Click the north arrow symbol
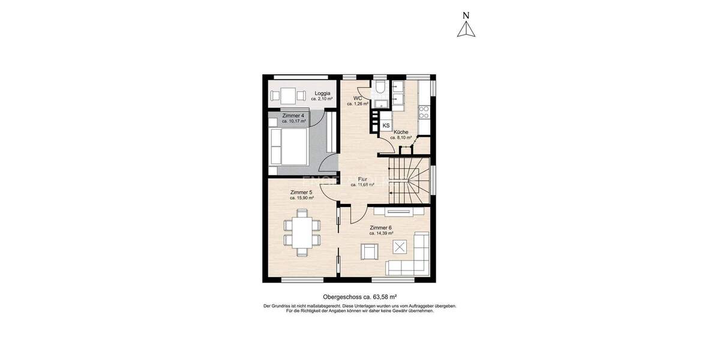click(x=466, y=29)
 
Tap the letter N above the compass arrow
click(x=466, y=15)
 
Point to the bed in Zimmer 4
click(x=289, y=146)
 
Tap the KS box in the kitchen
click(x=386, y=125)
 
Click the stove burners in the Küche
click(x=424, y=111)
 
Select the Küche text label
click(x=401, y=132)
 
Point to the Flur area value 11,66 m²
click(x=363, y=185)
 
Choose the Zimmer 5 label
click(x=302, y=192)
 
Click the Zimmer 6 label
click(x=381, y=227)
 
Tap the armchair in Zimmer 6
click(x=369, y=252)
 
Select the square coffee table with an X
click(x=400, y=246)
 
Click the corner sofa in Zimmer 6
click(x=414, y=261)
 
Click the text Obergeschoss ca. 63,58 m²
click(x=360, y=297)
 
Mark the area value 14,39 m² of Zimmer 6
click(x=382, y=233)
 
